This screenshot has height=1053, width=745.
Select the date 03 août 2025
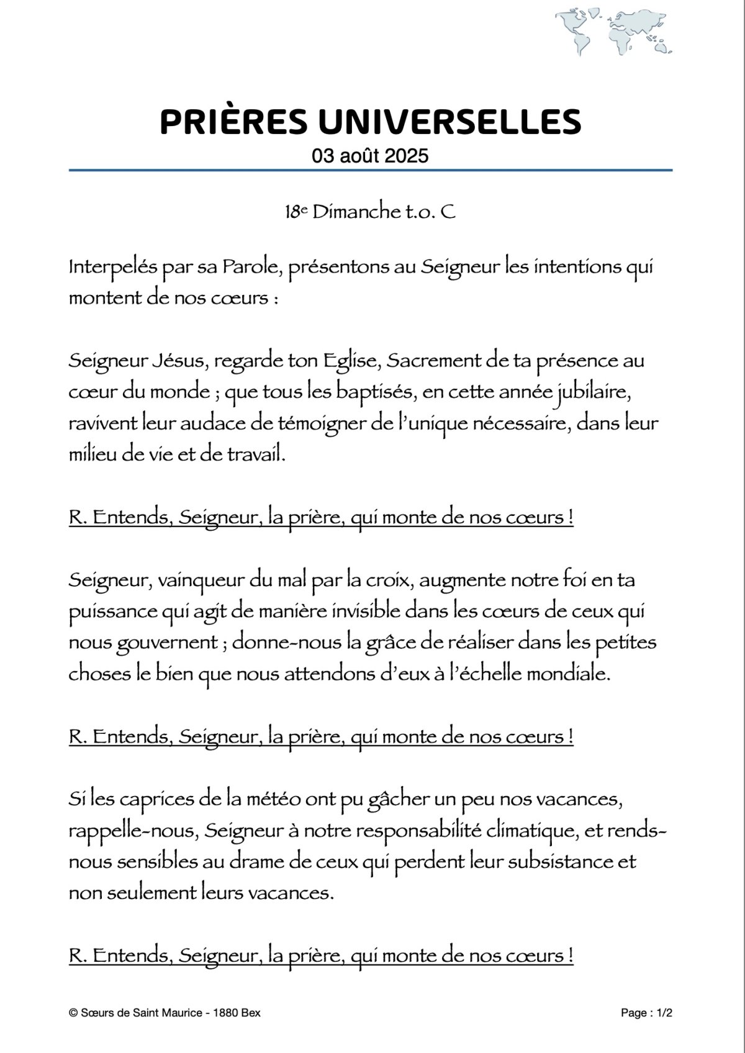pos(371,155)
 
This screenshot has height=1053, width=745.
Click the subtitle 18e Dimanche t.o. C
pos(370,212)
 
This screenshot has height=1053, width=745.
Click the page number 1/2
pos(663,1013)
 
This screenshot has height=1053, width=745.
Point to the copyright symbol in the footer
pos(73,1013)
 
